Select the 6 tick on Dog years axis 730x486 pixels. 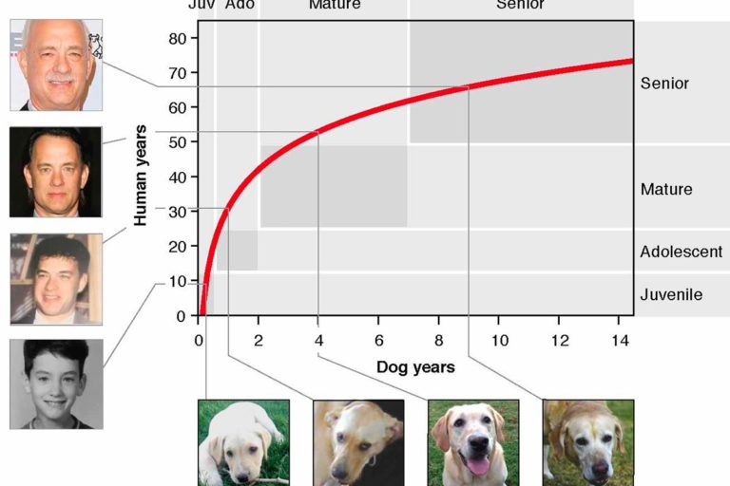[x=378, y=342]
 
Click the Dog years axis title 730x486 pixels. [x=415, y=367]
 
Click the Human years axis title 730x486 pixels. [x=141, y=174]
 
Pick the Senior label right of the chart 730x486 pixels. [x=664, y=84]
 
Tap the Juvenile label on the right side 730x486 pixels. [x=671, y=294]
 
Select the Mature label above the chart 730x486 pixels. [x=335, y=5]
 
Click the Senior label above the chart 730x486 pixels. [x=520, y=5]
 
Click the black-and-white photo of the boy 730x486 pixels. [x=56, y=383]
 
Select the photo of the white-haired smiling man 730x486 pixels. [x=56, y=65]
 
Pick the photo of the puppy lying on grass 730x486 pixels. [x=243, y=441]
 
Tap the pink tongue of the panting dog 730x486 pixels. [x=478, y=465]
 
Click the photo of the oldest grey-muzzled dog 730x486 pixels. [x=587, y=441]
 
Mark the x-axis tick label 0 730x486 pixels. [x=199, y=342]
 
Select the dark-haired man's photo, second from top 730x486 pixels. [x=56, y=172]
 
